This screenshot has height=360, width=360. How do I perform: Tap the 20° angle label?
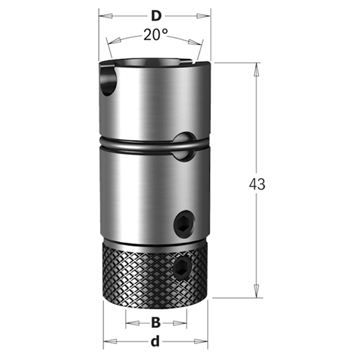[x=155, y=36]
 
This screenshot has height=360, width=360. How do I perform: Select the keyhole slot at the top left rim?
[x=108, y=77]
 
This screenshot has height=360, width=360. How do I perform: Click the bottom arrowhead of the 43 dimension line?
[x=255, y=294]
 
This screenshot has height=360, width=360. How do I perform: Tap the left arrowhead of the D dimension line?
[x=103, y=14]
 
